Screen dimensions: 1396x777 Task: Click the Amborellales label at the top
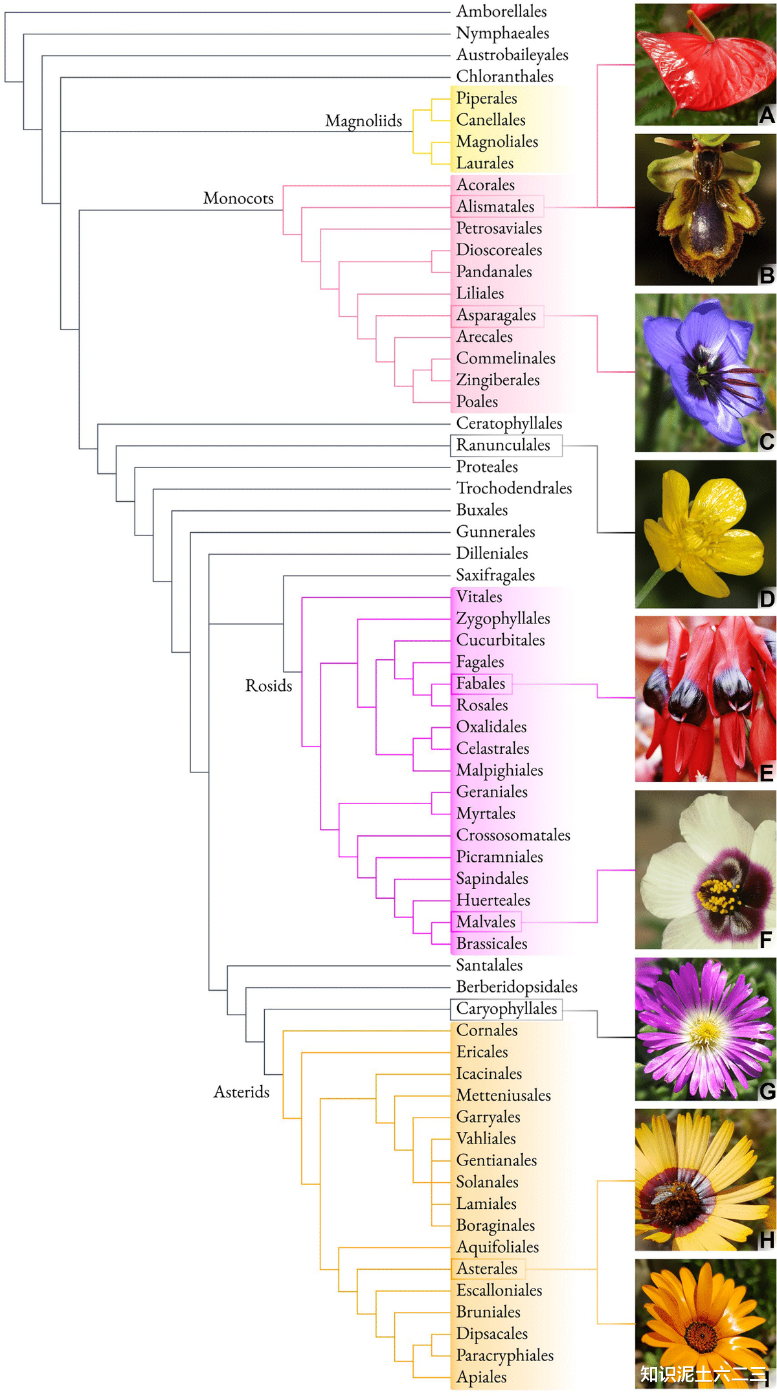(x=501, y=12)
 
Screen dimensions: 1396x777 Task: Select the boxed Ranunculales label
(x=503, y=445)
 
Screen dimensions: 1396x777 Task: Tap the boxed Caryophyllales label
(x=506, y=1009)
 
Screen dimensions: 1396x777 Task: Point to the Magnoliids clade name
(x=363, y=121)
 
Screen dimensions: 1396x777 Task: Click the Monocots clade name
(x=238, y=198)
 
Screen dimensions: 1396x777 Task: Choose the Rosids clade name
(x=269, y=686)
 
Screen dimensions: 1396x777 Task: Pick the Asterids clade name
(x=242, y=1092)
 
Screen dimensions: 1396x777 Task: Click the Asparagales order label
(x=496, y=315)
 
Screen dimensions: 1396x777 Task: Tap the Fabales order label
(x=480, y=684)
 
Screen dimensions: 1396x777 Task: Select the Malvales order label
(x=486, y=922)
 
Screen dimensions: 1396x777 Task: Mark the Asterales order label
(x=487, y=1269)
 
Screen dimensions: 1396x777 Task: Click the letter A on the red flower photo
(x=767, y=115)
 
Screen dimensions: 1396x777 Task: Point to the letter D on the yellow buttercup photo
(x=767, y=598)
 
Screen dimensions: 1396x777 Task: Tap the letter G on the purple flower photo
(x=767, y=1091)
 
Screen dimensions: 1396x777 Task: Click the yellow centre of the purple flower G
(x=705, y=1030)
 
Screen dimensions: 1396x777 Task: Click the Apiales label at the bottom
(x=481, y=1377)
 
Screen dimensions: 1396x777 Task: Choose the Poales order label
(x=477, y=402)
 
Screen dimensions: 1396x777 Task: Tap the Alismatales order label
(x=495, y=207)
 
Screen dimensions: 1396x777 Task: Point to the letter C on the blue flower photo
(x=767, y=442)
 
